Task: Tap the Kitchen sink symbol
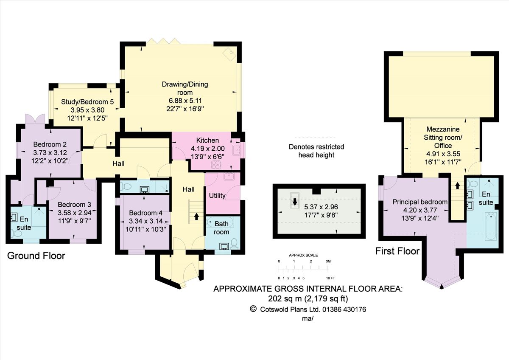click(x=236, y=149)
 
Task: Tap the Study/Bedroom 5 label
click(x=87, y=102)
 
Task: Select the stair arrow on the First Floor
click(x=457, y=186)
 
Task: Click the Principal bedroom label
click(x=420, y=202)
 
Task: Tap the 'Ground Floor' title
click(x=36, y=256)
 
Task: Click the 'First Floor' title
click(x=397, y=251)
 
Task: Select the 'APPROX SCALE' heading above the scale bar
click(x=303, y=255)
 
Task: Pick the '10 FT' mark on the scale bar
click(x=330, y=278)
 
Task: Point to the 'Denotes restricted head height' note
click(x=316, y=151)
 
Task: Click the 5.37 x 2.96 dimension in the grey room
click(x=321, y=207)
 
